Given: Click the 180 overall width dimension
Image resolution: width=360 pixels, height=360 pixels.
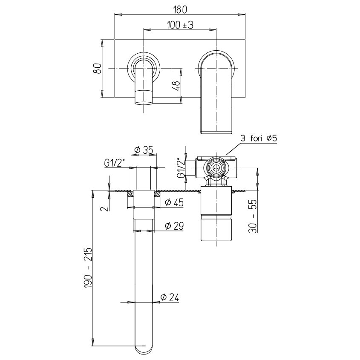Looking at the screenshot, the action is [180, 9].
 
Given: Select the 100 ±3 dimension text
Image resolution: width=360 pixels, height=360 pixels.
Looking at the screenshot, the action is [180, 25].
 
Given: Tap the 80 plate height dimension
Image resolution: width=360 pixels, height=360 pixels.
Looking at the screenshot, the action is [97, 68].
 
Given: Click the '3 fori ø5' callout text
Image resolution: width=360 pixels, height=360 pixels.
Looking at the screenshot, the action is [259, 138].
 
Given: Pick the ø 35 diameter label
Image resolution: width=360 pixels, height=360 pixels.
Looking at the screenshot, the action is [144, 150].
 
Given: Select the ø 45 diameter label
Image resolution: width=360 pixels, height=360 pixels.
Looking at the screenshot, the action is [175, 202].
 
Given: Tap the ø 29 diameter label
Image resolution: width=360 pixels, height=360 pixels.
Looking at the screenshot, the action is [175, 226].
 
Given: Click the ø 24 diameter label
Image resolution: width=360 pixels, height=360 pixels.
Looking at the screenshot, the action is [170, 297].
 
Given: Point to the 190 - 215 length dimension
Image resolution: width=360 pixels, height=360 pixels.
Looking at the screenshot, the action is [88, 268].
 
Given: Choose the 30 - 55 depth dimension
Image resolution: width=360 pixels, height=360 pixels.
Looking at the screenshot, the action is [253, 216].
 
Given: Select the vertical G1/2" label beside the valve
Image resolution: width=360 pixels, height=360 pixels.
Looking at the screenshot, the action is [181, 168].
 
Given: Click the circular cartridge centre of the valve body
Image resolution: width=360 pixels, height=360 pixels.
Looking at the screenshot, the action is [216, 168].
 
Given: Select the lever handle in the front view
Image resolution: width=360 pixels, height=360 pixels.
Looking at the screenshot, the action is [216, 92].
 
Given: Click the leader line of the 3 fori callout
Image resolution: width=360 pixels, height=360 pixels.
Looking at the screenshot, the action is [234, 149].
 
